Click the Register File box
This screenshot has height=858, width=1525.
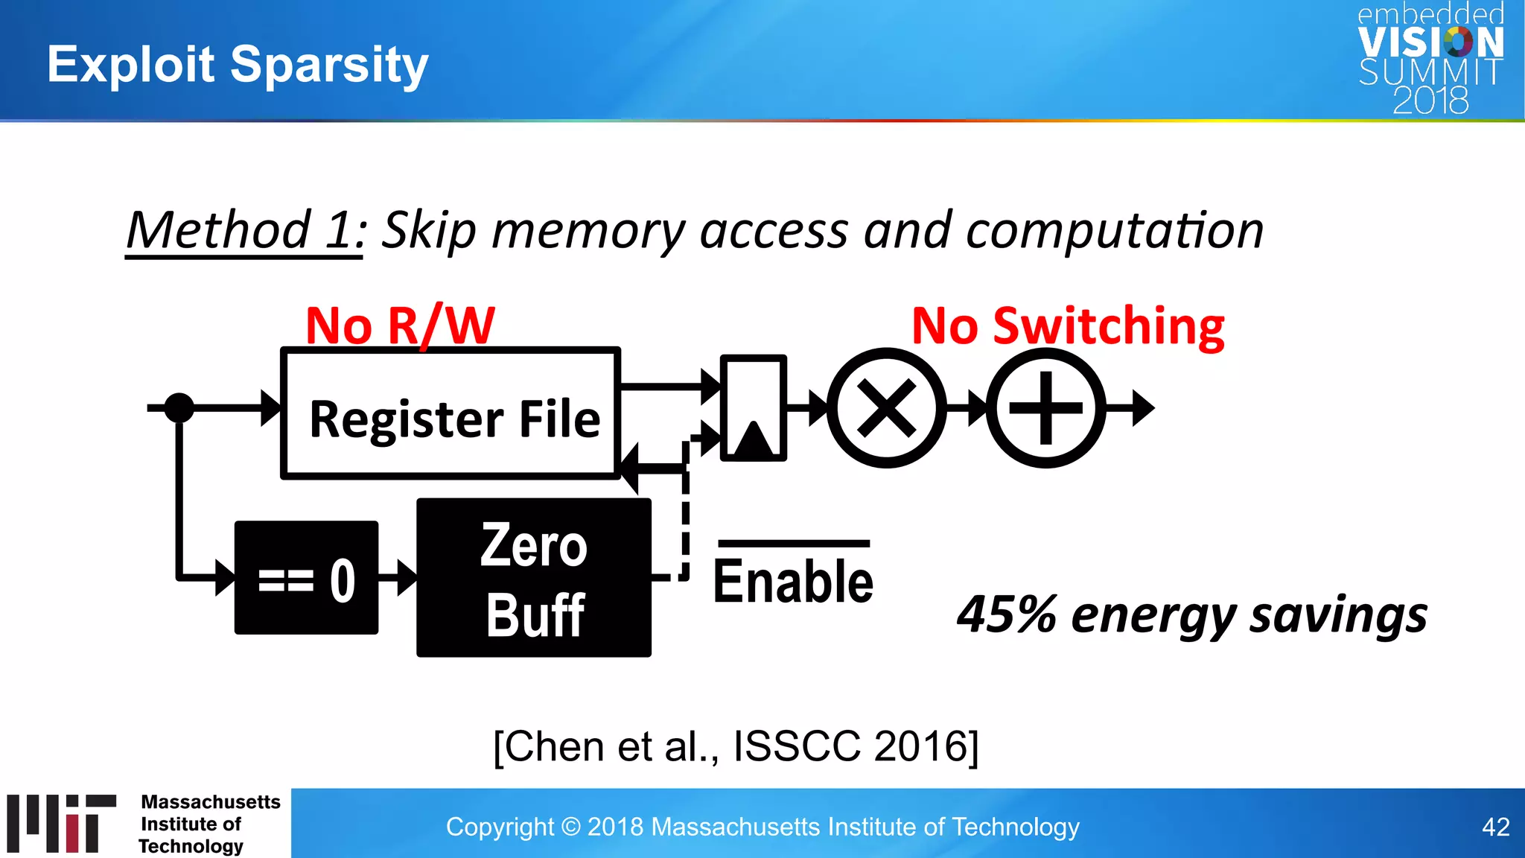[x=451, y=414]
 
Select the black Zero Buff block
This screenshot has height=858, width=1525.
[x=533, y=578]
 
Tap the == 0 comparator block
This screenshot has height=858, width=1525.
[x=306, y=578]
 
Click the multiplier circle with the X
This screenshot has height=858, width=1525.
[x=886, y=408]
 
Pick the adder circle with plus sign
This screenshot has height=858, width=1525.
[x=1045, y=408]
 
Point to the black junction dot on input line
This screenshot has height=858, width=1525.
[x=179, y=407]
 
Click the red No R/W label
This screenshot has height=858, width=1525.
[x=400, y=325]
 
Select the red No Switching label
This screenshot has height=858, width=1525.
[x=1068, y=325]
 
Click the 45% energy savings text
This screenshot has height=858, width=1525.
[x=1191, y=614]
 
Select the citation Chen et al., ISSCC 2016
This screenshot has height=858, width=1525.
[x=736, y=746]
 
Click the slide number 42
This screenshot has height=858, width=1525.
[x=1495, y=827]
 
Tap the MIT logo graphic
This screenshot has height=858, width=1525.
[x=61, y=823]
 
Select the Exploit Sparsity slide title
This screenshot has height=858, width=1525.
[x=238, y=64]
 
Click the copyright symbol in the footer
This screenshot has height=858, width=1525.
[x=570, y=827]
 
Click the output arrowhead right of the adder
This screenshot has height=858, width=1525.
[x=1143, y=408]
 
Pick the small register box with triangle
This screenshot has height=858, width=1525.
[x=754, y=408]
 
